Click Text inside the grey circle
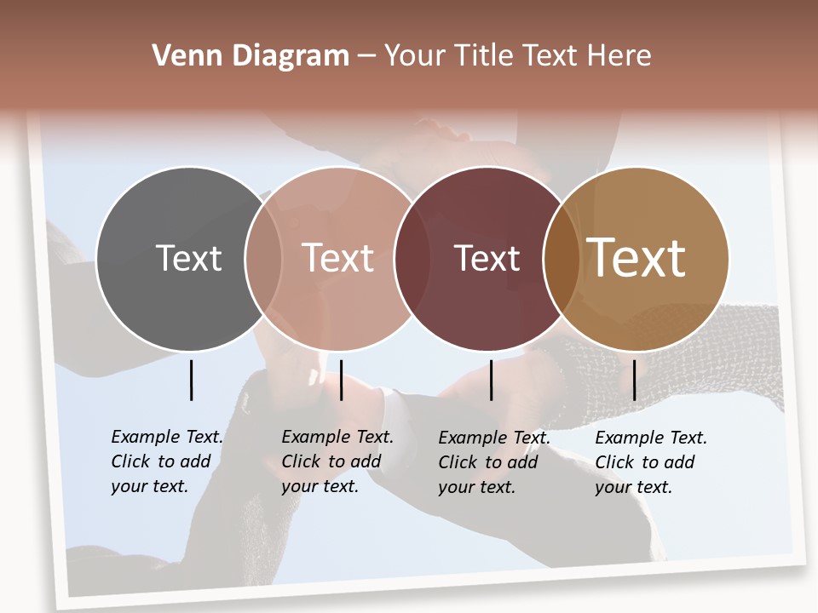pos(188,258)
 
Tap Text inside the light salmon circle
pos(338,258)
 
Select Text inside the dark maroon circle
pos(487,258)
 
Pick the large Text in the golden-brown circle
pos(637,258)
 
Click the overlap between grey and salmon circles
pos(263,259)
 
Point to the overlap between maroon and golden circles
pos(562,259)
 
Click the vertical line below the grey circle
pos(191,380)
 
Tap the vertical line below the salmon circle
pos(341,380)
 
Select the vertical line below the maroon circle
pos(492,380)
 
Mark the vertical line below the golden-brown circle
pos(634,380)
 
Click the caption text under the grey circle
pos(166,461)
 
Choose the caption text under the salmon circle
pos(337,461)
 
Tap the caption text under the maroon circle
pos(493,462)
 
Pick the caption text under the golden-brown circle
pos(650,462)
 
